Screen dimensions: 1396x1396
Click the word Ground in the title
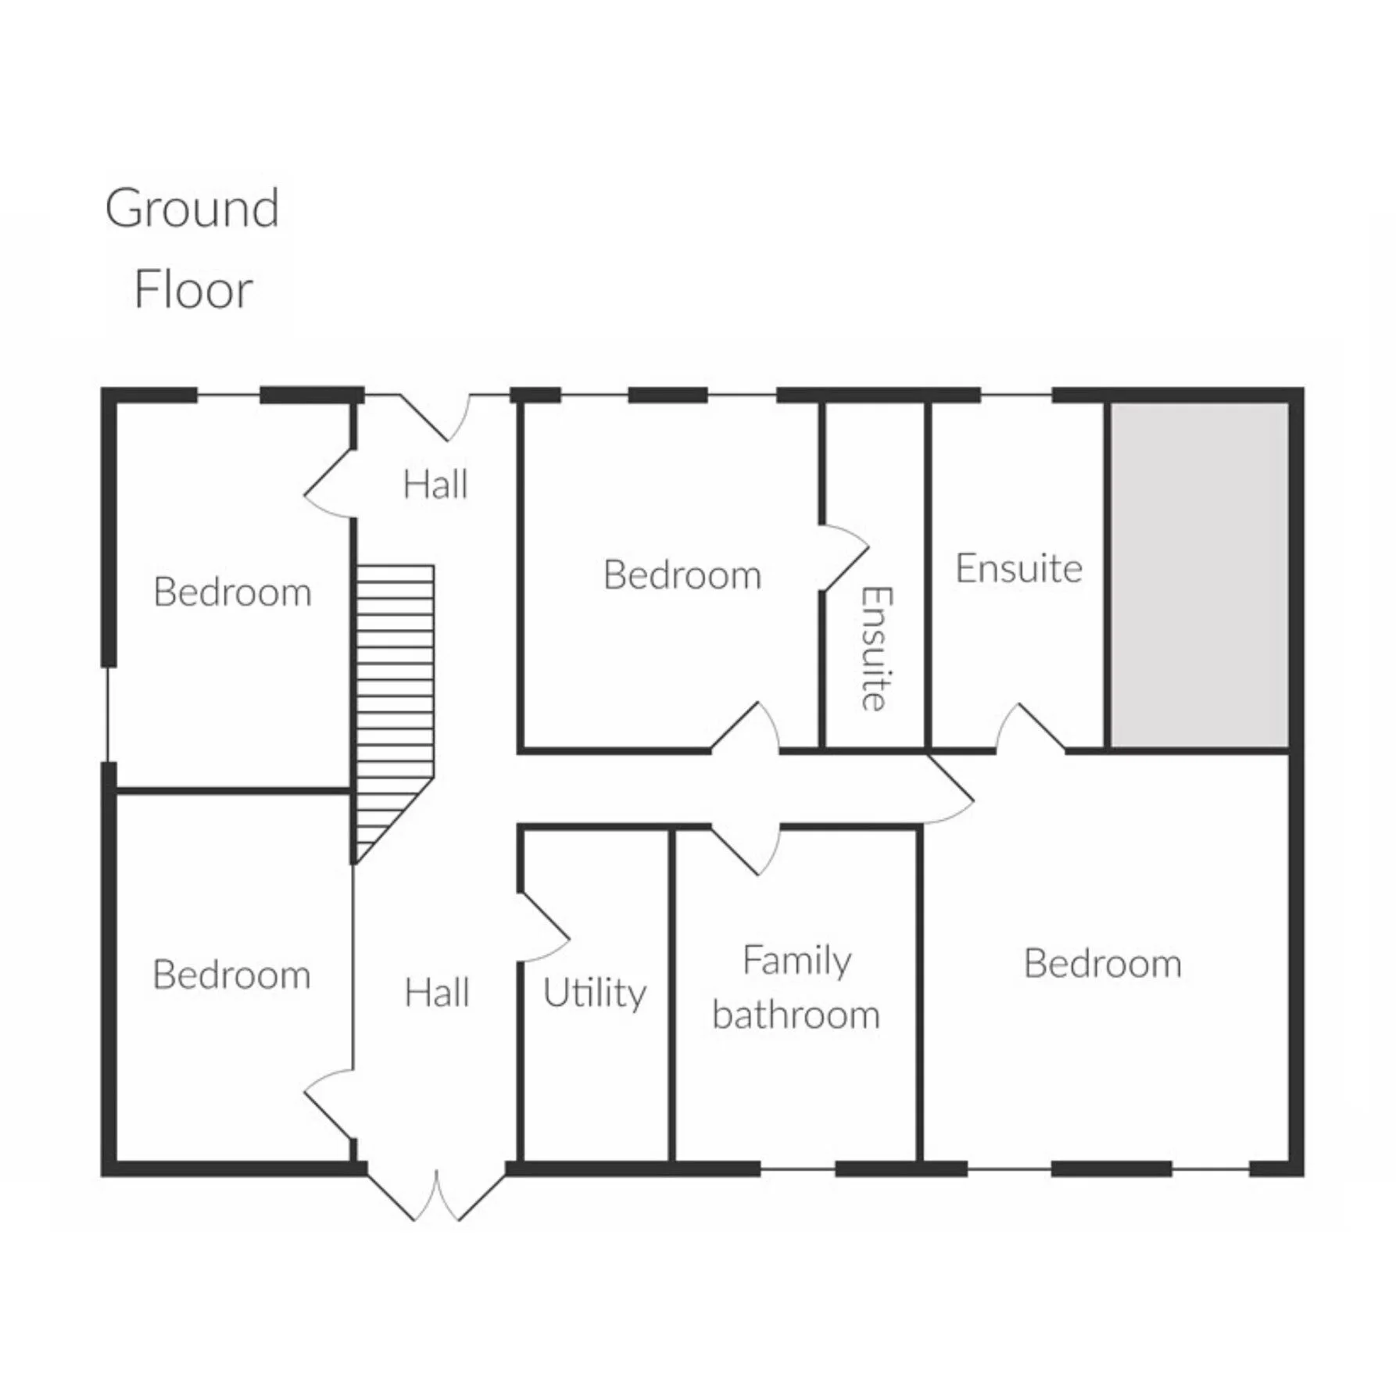click(x=192, y=209)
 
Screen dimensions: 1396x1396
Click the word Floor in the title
click(x=193, y=290)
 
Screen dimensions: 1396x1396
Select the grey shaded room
click(x=1200, y=575)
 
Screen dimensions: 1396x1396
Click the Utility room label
click(x=595, y=994)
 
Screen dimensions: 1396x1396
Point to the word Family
click(x=796, y=961)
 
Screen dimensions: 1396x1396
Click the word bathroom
click(x=796, y=1015)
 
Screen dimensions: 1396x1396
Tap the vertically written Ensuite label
click(x=875, y=648)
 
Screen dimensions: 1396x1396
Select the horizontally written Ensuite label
click(x=1018, y=568)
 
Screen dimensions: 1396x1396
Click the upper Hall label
click(x=435, y=485)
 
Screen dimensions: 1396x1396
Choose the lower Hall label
click(x=437, y=993)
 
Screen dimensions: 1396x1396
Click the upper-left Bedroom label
click(x=232, y=592)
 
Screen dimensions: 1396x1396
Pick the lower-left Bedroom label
click(x=231, y=975)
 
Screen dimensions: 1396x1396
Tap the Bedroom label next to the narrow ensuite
click(x=682, y=575)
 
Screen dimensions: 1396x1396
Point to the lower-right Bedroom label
click(x=1102, y=964)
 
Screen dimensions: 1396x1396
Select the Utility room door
click(x=542, y=927)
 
